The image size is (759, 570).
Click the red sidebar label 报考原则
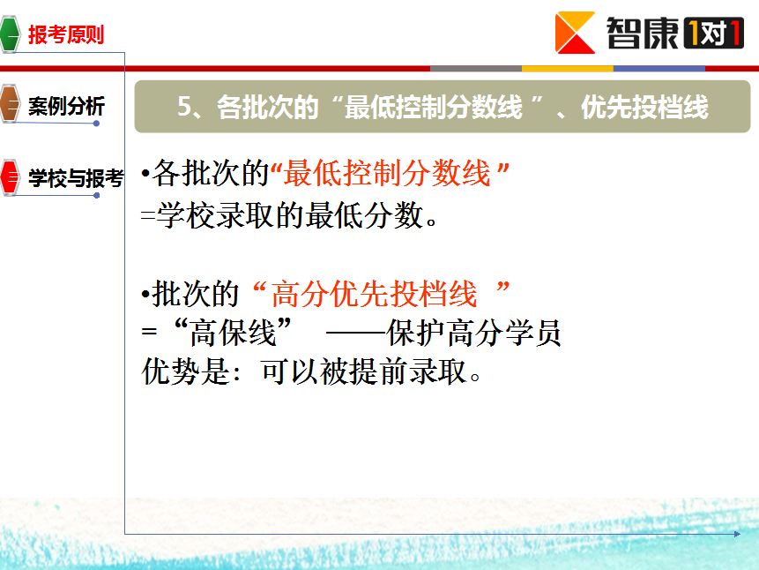point(66,34)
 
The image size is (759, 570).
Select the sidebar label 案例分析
point(66,106)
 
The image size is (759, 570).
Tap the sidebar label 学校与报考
point(76,178)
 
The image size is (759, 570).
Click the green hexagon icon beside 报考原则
point(10,34)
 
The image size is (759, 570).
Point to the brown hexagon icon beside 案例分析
point(10,103)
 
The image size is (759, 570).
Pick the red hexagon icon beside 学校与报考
point(10,177)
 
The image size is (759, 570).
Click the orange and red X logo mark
point(575,33)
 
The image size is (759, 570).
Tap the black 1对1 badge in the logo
point(713,33)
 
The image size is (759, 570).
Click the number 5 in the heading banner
point(184,106)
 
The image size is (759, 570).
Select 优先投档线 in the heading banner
point(644,107)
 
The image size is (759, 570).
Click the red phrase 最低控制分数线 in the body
point(387,173)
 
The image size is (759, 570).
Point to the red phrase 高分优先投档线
point(374,294)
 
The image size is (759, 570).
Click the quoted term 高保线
point(233,333)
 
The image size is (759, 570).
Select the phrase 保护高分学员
point(474,333)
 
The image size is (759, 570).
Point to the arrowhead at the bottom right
point(737,534)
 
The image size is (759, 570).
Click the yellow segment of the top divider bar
point(568,69)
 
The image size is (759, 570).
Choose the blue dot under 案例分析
point(96,124)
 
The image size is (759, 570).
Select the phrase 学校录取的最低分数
point(290,215)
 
